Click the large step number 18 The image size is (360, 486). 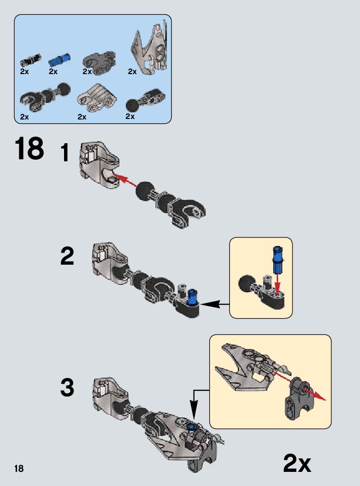tap(29, 149)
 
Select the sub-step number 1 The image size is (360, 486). tap(65, 153)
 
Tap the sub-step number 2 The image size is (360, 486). tap(67, 257)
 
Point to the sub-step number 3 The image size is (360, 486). tap(67, 388)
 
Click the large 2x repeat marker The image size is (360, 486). tap(297, 463)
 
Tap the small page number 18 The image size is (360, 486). tap(19, 469)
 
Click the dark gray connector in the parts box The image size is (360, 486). tap(99, 60)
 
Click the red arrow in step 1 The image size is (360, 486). tap(124, 180)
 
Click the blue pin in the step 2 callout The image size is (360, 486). tap(277, 259)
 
